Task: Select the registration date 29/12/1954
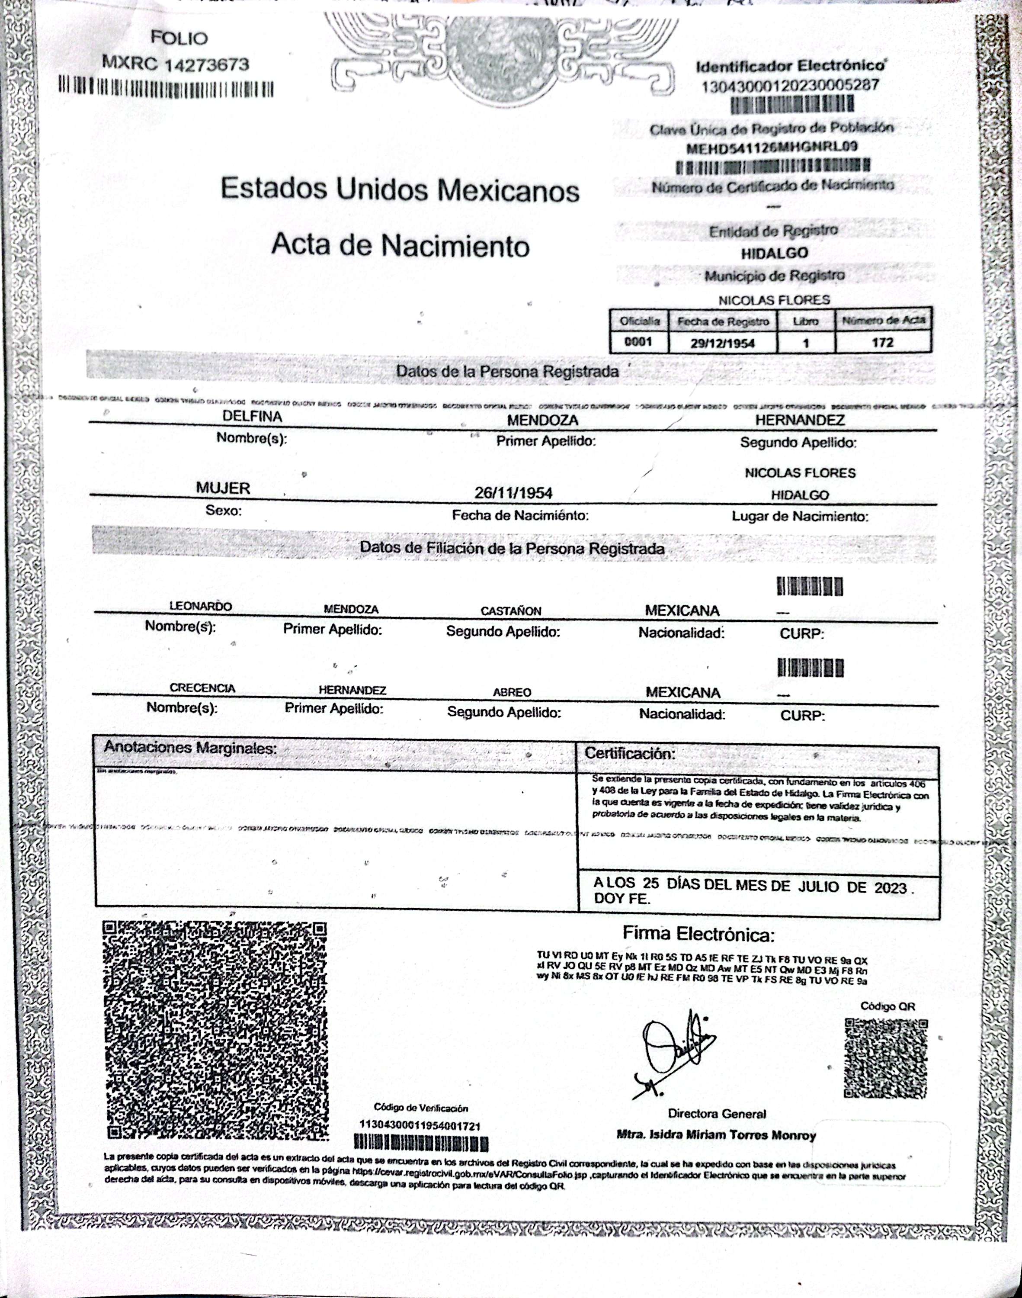[x=723, y=343]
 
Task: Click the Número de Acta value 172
[x=883, y=342]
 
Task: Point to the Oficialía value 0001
[x=638, y=342]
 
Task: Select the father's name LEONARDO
[x=200, y=606]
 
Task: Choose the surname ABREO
[x=512, y=692]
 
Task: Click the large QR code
[x=215, y=1029]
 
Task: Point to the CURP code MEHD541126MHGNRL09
[x=772, y=147]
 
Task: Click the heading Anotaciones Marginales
[x=190, y=748]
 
